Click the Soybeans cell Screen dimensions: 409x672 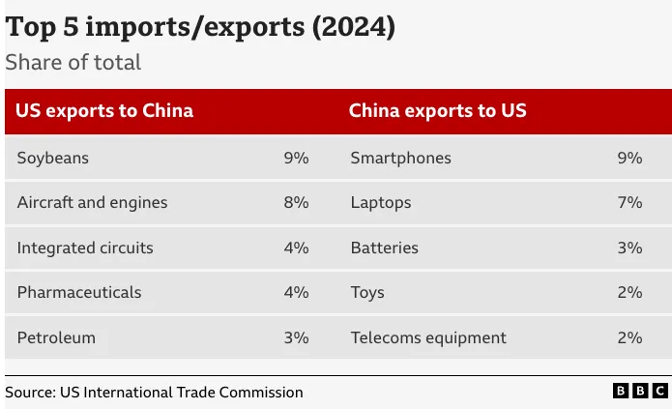(x=52, y=158)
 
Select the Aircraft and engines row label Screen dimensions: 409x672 (x=92, y=203)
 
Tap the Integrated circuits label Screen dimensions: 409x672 (x=85, y=248)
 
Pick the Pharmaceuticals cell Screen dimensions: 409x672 (x=79, y=292)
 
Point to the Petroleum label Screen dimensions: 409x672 (x=56, y=337)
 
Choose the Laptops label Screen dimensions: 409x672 (x=380, y=203)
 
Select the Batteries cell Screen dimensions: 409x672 (x=384, y=248)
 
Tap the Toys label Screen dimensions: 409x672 (x=367, y=292)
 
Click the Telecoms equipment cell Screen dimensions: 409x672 (x=427, y=337)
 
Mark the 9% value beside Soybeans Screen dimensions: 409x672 (x=296, y=158)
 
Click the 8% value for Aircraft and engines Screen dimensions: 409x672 (x=296, y=203)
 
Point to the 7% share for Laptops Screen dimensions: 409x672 (x=629, y=203)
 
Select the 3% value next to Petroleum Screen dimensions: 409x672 (x=296, y=337)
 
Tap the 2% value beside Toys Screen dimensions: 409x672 (x=629, y=292)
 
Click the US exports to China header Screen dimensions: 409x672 (x=104, y=110)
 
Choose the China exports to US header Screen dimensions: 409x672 (x=437, y=110)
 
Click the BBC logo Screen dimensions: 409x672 (x=640, y=391)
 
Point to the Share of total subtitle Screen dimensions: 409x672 (x=73, y=63)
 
